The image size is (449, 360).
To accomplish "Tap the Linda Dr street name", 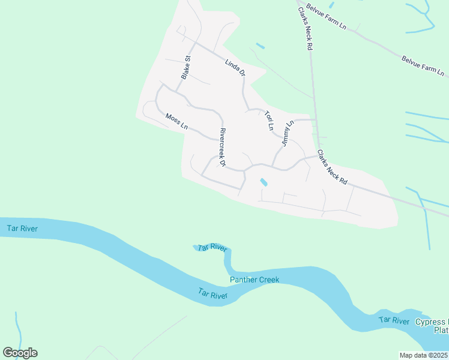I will [235, 67].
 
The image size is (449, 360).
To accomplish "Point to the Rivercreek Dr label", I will [222, 148].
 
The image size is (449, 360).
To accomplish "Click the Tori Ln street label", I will [269, 119].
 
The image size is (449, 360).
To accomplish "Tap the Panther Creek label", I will [255, 280].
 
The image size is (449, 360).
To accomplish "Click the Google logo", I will [20, 353].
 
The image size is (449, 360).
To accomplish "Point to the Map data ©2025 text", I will [424, 355].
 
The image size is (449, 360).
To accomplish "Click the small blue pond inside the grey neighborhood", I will [263, 182].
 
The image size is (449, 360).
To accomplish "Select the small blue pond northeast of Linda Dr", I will [260, 46].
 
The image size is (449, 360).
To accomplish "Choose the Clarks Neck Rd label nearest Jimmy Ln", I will [332, 167].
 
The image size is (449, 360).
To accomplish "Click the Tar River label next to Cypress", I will [394, 321].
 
